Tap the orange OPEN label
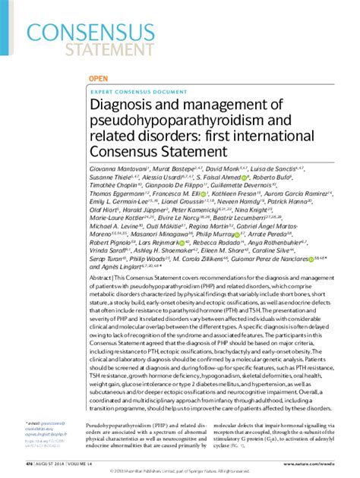click(98, 78)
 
